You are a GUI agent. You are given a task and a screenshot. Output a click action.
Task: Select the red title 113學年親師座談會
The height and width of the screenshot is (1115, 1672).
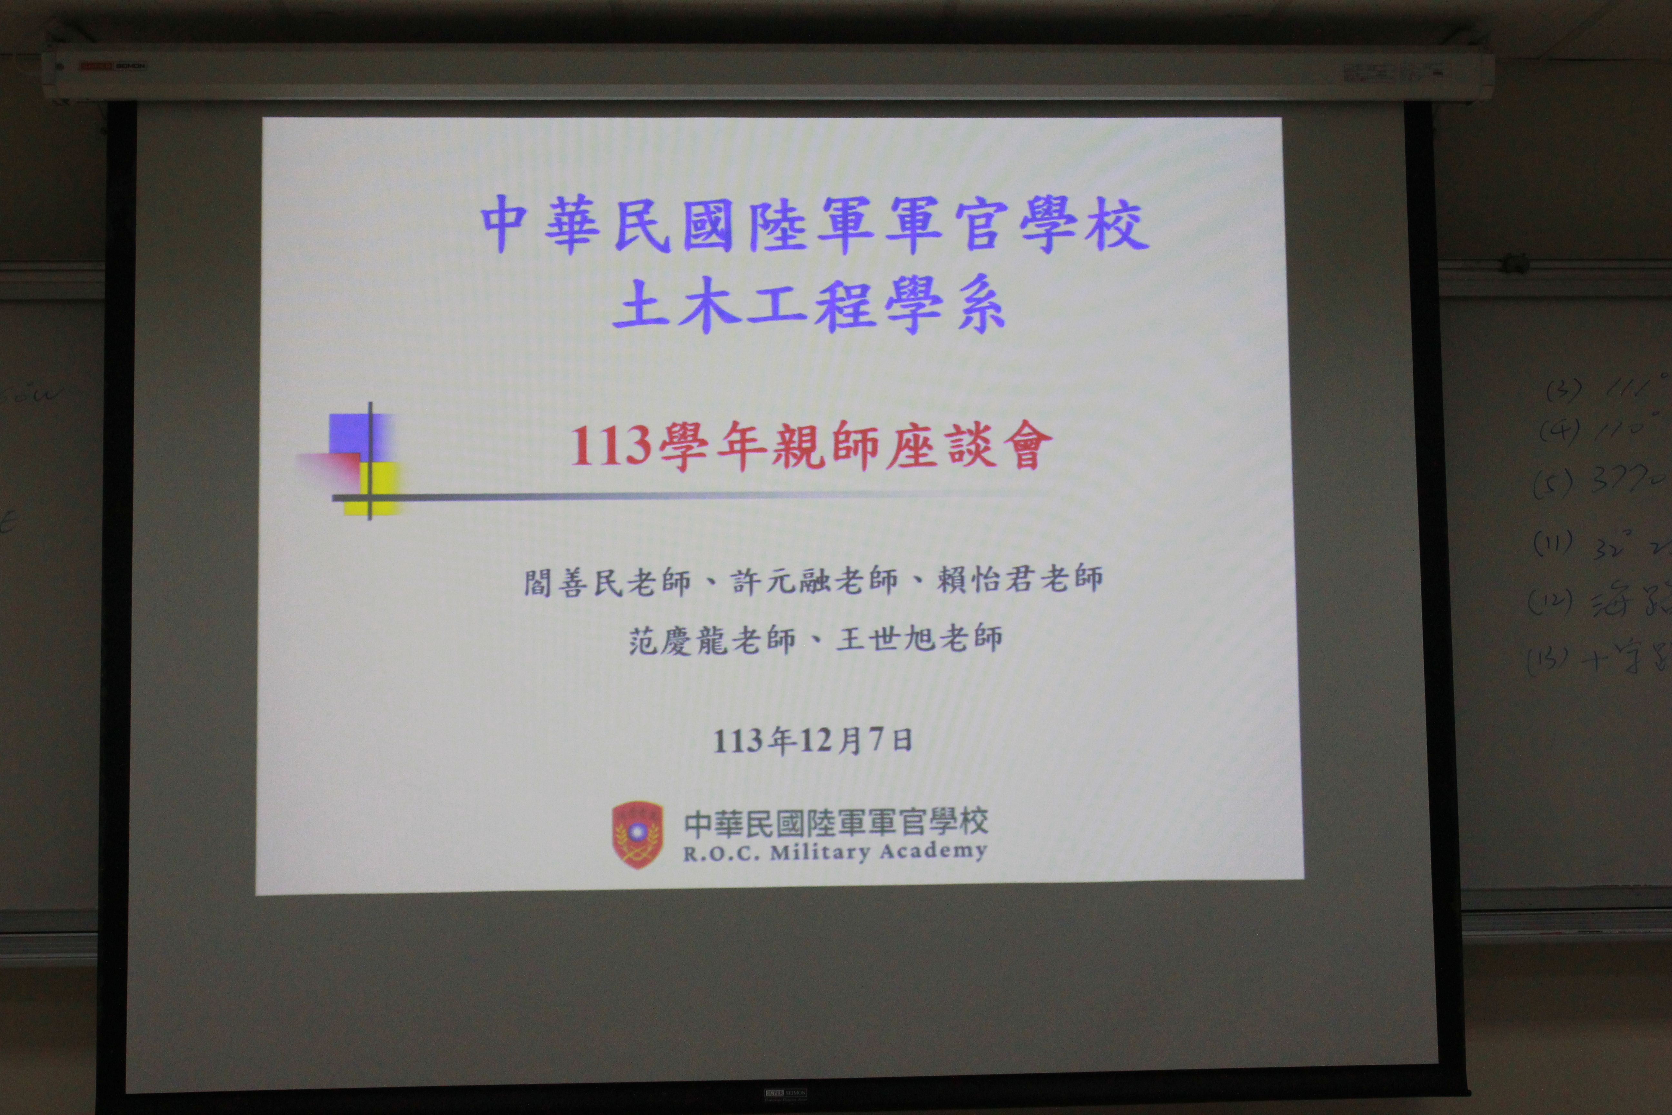(811, 446)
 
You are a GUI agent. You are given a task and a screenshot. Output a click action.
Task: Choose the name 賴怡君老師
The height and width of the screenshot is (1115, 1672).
(1020, 579)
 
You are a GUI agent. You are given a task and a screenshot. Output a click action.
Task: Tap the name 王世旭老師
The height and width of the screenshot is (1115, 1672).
(919, 638)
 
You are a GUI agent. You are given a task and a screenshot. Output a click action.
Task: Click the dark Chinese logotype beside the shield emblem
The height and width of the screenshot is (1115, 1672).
(835, 822)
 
